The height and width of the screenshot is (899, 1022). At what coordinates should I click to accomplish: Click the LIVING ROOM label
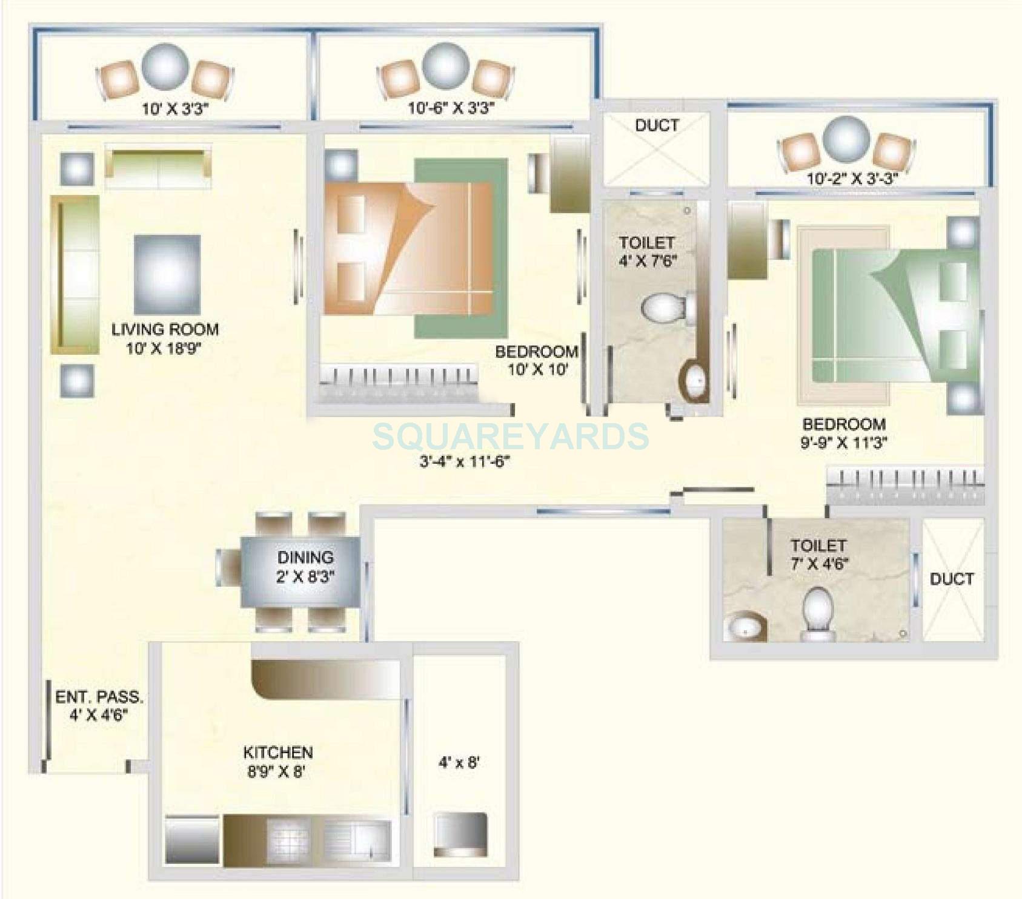165,329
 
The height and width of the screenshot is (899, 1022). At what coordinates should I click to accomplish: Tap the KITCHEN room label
278,752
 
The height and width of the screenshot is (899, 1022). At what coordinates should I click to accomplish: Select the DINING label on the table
305,557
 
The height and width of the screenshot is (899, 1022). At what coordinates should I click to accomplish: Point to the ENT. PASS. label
99,697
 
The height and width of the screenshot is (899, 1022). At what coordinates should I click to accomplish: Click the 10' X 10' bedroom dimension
537,369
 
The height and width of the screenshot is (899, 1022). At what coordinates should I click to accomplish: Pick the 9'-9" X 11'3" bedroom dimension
843,443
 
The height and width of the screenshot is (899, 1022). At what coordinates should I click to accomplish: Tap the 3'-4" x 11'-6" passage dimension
465,462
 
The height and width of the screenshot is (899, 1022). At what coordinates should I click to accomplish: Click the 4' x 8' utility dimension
459,763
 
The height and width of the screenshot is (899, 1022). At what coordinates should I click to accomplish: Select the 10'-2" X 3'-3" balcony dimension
851,179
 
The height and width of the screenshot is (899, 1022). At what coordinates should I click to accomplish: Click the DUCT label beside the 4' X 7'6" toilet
657,126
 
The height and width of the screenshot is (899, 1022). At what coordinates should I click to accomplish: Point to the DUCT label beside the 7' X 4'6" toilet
952,579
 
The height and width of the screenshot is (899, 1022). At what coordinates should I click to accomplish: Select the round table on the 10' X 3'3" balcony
165,67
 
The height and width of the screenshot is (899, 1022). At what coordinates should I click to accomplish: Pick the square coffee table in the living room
167,274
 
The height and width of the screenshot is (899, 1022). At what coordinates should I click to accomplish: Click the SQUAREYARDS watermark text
510,436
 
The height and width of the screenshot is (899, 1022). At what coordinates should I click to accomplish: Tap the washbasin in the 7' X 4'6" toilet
745,628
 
